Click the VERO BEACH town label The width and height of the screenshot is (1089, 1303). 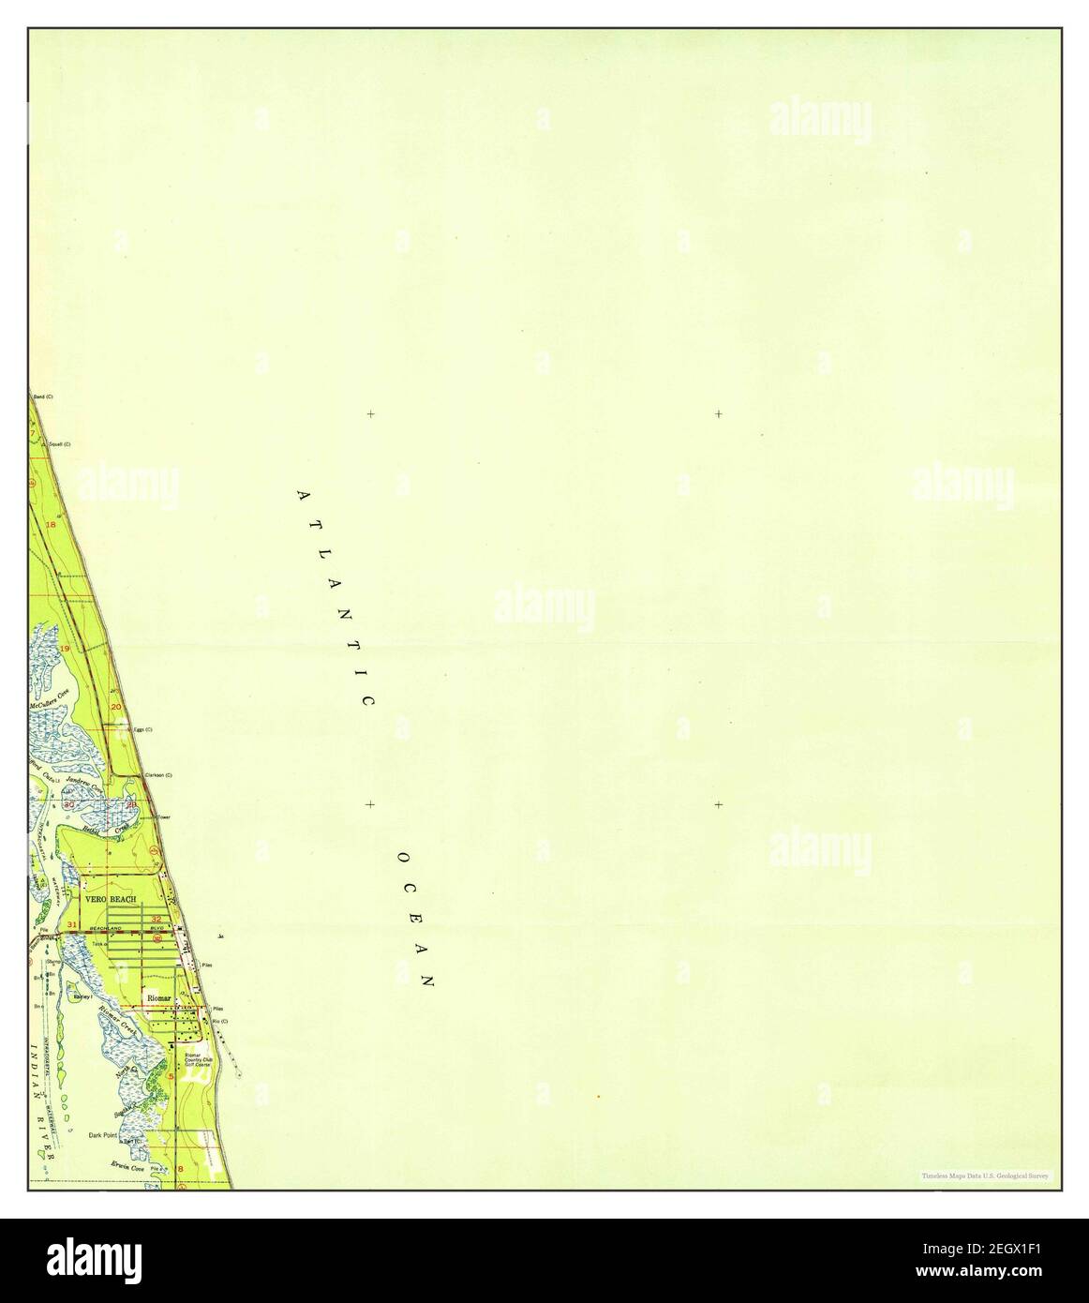[111, 899]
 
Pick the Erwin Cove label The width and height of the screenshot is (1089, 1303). [127, 1165]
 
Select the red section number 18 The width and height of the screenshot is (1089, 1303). [52, 525]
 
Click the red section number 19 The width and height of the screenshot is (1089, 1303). [66, 649]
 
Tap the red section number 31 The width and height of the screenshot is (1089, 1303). [72, 925]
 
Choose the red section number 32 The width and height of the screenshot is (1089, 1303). [157, 919]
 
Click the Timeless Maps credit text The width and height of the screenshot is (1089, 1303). [986, 1176]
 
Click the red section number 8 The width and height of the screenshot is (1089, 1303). [180, 1170]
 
